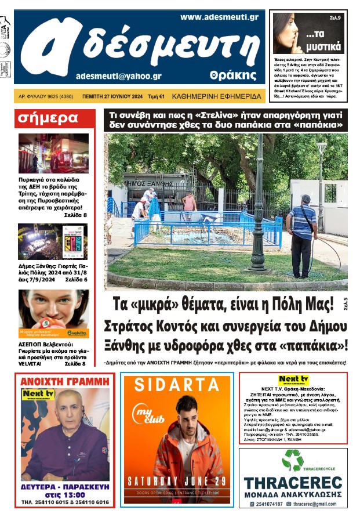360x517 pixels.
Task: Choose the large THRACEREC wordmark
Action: pos(292,483)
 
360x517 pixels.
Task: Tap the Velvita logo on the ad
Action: pos(76,332)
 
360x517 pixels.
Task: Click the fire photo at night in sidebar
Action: pos(53,154)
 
